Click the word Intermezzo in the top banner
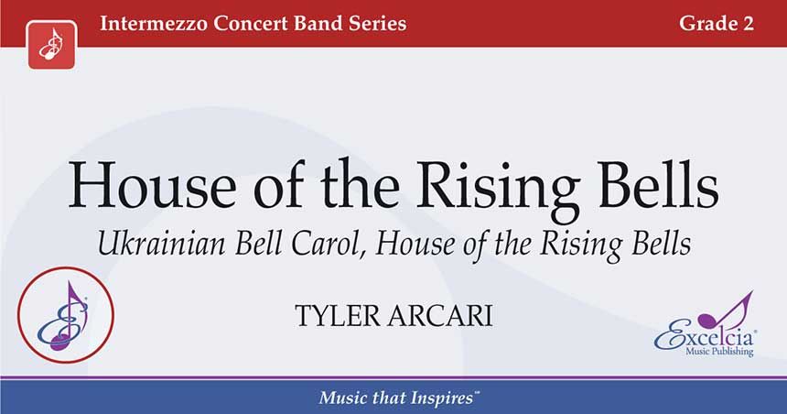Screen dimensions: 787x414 (x=153, y=24)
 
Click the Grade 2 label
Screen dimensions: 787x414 (x=717, y=24)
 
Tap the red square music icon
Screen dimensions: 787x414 (x=51, y=45)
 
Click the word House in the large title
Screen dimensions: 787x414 (x=152, y=184)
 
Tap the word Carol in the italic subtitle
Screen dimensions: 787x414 (x=329, y=245)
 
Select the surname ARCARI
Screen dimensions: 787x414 (x=440, y=315)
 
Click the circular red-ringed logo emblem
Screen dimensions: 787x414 (x=66, y=315)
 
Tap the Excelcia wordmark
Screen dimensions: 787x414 (x=704, y=337)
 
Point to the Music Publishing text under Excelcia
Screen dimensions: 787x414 (x=719, y=352)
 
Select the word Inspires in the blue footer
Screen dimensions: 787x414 (x=441, y=398)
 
